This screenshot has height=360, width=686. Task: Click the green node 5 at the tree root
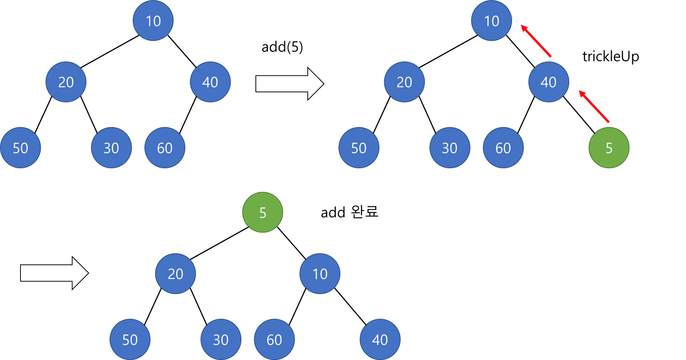point(263,212)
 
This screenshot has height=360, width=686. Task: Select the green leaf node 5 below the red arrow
point(609,147)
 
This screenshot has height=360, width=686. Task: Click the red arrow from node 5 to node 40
point(594,106)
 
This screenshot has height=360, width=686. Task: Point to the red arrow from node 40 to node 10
point(536,41)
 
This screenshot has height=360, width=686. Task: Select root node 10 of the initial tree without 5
point(153,20)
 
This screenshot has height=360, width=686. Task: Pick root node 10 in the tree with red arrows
point(492,20)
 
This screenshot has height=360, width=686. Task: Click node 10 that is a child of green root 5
point(320,273)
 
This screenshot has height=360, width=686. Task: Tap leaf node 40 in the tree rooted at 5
point(380,339)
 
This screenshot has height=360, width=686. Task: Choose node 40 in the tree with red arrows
point(548,82)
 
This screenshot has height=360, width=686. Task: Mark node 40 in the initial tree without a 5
point(210,82)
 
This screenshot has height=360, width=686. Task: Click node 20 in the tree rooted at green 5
point(175,273)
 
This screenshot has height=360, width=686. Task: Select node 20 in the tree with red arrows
point(404,82)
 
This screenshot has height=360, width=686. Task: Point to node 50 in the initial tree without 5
point(20,147)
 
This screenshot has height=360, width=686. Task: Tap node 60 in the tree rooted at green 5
point(274,339)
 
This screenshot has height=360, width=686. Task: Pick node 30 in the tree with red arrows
point(450,147)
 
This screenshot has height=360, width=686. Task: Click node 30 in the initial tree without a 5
point(111,147)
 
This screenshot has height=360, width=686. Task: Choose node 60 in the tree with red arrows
point(503,147)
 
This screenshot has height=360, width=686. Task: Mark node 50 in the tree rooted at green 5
point(130,339)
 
